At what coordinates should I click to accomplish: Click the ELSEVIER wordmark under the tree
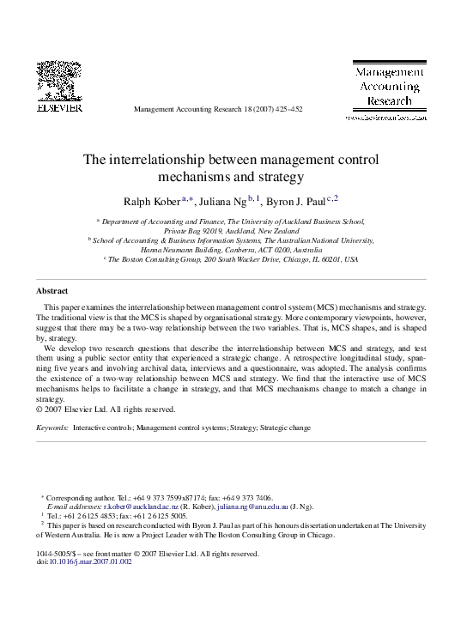tap(58, 108)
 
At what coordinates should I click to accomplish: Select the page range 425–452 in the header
tap(287, 110)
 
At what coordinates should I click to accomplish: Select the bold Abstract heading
tap(52, 290)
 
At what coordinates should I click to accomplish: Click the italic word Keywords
tap(52, 427)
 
